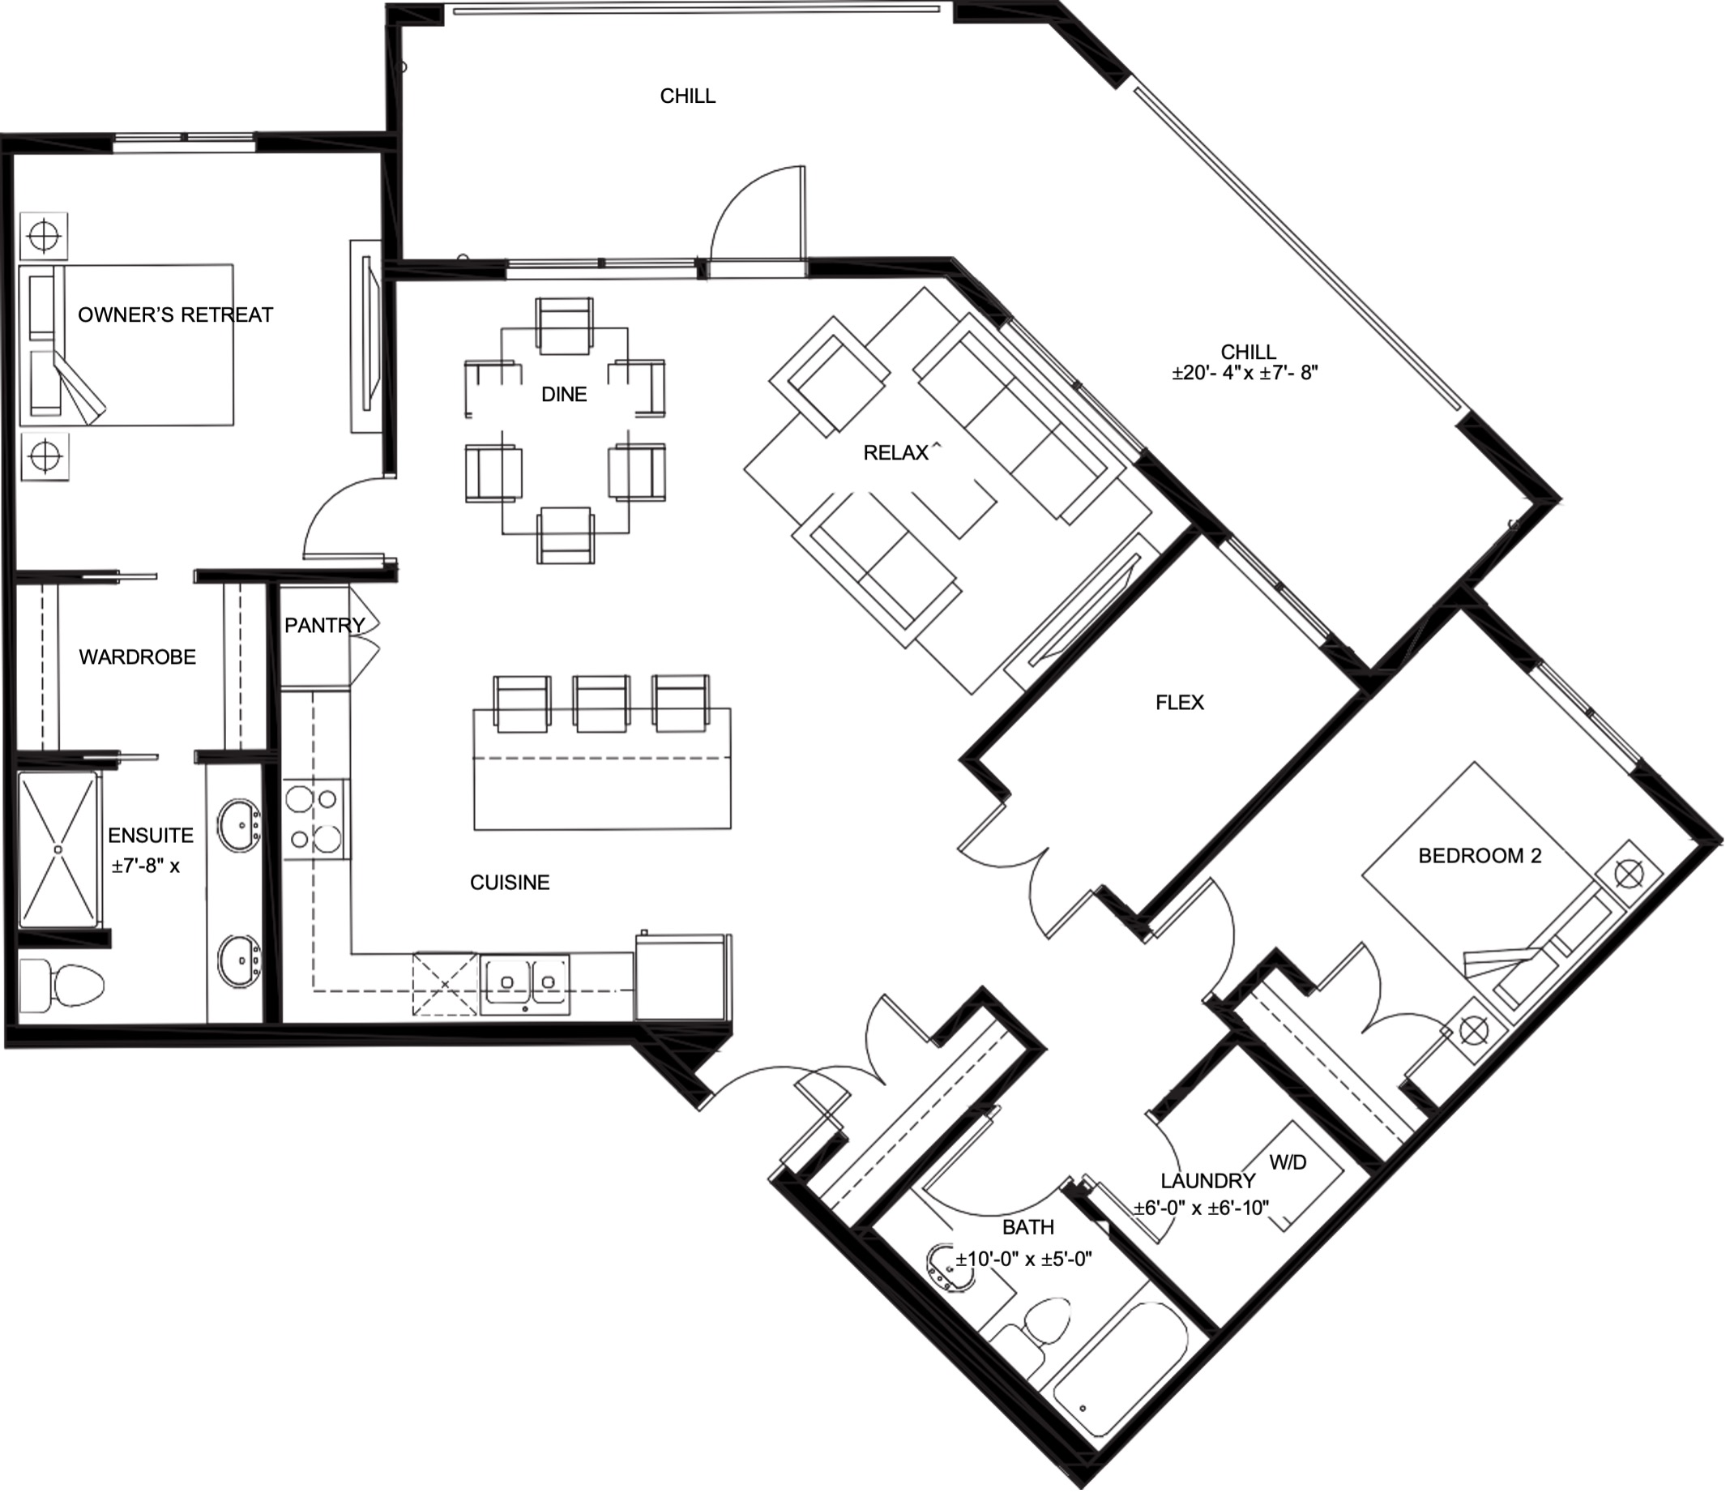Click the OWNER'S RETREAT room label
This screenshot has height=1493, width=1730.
pos(175,314)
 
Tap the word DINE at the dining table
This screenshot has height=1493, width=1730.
pos(564,394)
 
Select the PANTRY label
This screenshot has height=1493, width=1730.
pos(324,625)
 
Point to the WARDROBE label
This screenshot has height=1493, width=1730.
pos(138,657)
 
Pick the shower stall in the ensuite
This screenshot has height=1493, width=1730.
pos(58,849)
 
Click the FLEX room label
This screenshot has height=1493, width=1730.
pos(1179,702)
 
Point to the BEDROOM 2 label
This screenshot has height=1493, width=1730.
pos(1480,855)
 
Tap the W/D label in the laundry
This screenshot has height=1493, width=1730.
pos(1288,1161)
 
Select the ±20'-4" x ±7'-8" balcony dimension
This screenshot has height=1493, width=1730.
pos(1244,373)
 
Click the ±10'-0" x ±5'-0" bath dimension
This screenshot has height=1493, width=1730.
pos(1023,1260)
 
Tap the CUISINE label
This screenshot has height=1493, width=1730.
pos(510,882)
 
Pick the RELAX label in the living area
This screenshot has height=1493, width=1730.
pos(896,452)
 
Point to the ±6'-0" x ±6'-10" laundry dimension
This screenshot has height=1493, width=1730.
pos(1202,1208)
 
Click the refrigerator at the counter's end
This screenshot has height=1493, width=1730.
pos(682,976)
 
